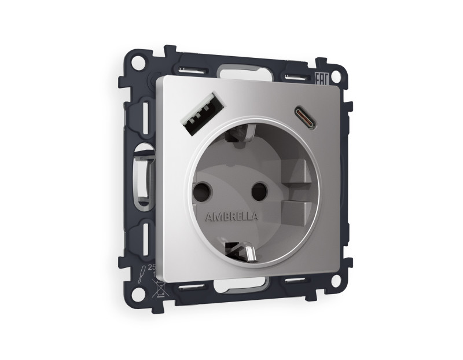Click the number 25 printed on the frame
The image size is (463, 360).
[153, 267]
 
